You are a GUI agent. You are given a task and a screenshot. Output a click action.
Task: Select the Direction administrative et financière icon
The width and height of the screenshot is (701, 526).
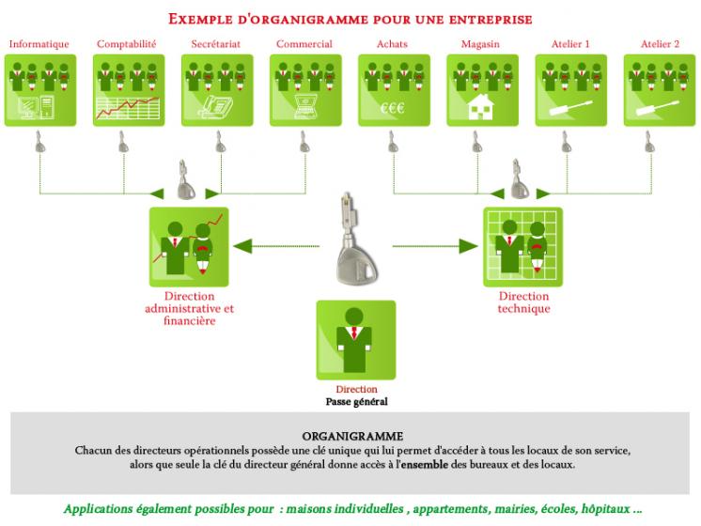pos(189,246)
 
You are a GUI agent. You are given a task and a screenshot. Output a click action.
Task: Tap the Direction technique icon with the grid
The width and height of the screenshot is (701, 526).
pos(522,246)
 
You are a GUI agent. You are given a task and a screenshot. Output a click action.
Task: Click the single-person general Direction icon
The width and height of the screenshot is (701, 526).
pos(355,339)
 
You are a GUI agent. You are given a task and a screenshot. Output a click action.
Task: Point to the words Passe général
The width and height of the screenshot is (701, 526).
pos(356,401)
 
